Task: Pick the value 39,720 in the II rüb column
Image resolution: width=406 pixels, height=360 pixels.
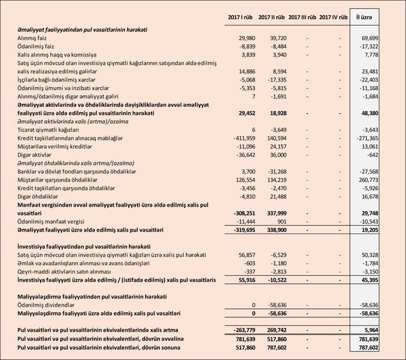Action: pos(277,37)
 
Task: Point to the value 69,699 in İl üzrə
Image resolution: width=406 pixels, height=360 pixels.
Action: pos(369,37)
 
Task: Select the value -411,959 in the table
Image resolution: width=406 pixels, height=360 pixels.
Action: pos(242,139)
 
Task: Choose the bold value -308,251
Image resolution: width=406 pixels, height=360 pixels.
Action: pos(242,214)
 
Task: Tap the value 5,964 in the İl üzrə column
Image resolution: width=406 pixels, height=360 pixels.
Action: pos(371,330)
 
